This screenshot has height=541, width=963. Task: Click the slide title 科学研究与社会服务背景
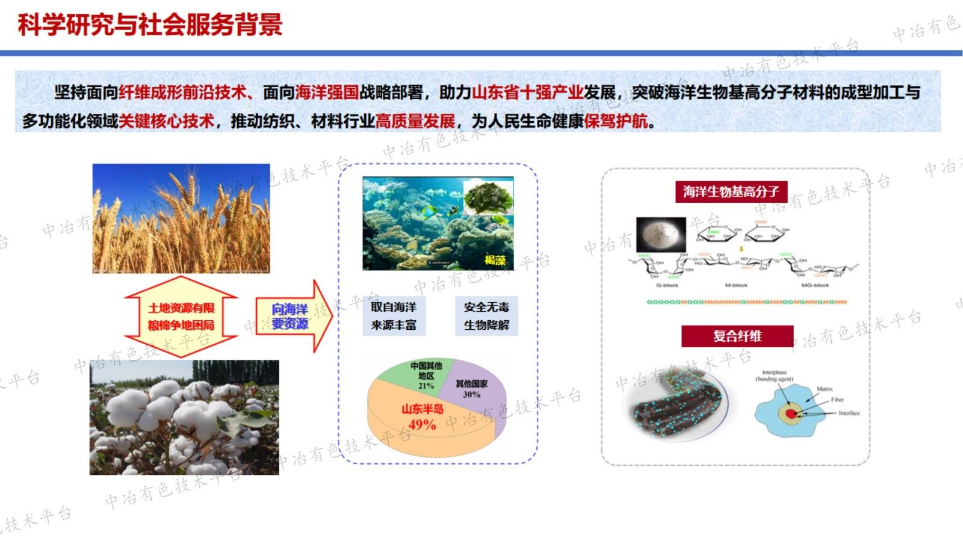coord(150,25)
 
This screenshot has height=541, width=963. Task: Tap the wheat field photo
coord(181,218)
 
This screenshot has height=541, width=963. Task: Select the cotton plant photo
coord(184,417)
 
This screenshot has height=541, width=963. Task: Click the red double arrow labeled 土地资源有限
coord(181,317)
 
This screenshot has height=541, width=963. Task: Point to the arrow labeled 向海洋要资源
coord(292,317)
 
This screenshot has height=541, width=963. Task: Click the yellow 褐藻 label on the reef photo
coord(495,260)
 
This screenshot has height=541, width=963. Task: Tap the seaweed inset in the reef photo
coord(488,197)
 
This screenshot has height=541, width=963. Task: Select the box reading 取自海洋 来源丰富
coord(394,316)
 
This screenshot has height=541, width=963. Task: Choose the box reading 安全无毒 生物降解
coord(486,316)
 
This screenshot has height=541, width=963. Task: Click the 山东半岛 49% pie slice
coord(421,421)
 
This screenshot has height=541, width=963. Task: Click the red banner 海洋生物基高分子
coord(731,192)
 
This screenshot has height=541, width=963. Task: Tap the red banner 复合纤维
coord(737,336)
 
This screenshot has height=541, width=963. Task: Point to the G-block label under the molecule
coord(667,285)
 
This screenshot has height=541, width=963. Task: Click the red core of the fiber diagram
coord(790,414)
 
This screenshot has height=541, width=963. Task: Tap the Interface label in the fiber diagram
coord(849,413)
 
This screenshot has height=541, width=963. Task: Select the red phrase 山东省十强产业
coord(527,93)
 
